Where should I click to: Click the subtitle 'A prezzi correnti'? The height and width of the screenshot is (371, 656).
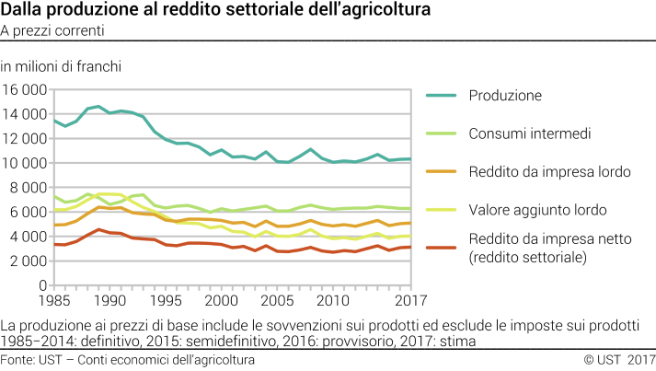pos(52,30)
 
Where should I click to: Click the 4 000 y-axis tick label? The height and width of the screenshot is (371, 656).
pos(29,236)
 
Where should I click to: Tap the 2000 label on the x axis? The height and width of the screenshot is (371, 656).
pos(220,300)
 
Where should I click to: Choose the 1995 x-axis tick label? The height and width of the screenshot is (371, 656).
pos(165,300)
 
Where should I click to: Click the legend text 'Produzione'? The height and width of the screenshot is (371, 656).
pos(505,95)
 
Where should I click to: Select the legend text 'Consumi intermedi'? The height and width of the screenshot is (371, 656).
pos(529,133)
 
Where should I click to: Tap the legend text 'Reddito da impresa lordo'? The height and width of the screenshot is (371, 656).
pos(549,172)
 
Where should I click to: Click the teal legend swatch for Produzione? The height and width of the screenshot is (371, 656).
pos(441,95)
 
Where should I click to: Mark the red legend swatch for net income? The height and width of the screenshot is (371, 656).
pos(441,249)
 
